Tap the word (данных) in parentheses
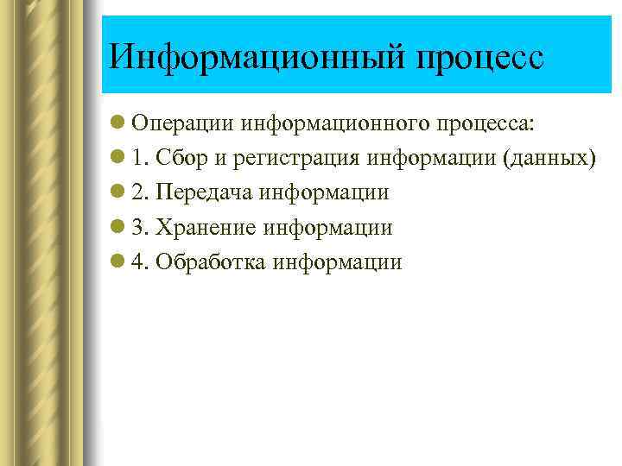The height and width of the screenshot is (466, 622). [550, 159]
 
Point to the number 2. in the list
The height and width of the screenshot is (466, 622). [142, 193]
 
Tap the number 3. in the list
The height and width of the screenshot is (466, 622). [142, 228]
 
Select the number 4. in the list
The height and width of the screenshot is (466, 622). [142, 262]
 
